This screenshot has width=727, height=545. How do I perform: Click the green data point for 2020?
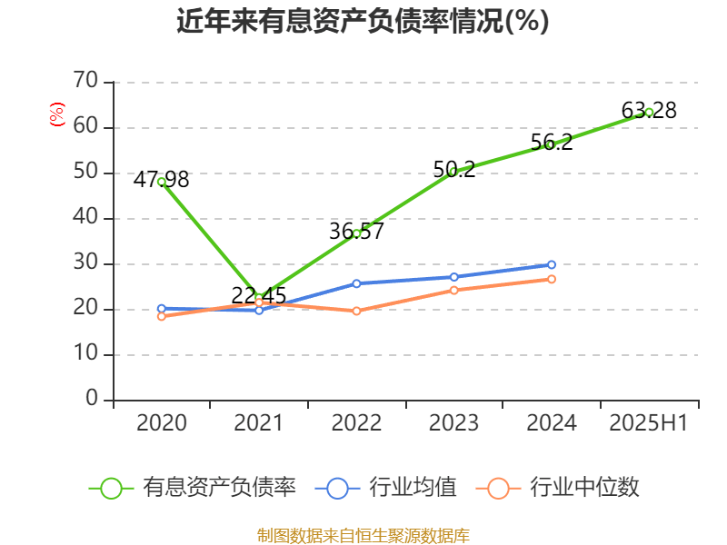click(162, 181)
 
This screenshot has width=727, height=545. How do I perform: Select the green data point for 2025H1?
click(649, 112)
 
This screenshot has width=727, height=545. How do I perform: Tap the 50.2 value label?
click(453, 169)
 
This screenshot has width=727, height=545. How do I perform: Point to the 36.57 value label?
click(356, 232)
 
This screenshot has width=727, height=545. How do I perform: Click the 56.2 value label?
click(551, 143)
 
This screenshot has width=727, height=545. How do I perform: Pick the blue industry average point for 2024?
click(551, 264)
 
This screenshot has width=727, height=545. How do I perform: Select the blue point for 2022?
click(356, 283)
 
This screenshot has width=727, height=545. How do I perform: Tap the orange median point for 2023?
click(453, 290)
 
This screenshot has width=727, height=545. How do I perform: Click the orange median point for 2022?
click(356, 311)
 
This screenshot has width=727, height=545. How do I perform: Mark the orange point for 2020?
click(162, 316)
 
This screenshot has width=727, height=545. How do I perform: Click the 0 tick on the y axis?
click(92, 400)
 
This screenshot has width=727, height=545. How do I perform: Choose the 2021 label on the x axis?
click(259, 423)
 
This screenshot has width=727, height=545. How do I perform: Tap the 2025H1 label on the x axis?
click(649, 423)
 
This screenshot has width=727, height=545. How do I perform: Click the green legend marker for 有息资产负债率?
click(111, 488)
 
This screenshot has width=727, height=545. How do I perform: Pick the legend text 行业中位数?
click(584, 488)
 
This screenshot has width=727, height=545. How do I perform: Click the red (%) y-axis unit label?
click(57, 114)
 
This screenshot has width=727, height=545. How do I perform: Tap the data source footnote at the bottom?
click(363, 535)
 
